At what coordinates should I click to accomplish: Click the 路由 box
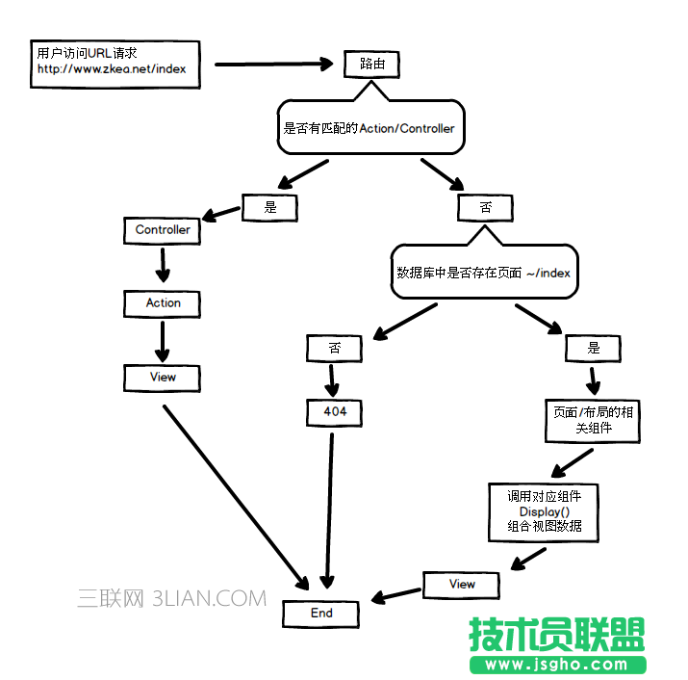pyautogui.click(x=371, y=64)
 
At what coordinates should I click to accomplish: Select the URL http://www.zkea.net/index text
pyautogui.click(x=111, y=69)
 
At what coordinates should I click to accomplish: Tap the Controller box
pyautogui.click(x=163, y=230)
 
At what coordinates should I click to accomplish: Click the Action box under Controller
pyautogui.click(x=163, y=302)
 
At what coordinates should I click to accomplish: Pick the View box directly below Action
pyautogui.click(x=163, y=378)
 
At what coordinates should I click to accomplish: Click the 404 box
pyautogui.click(x=335, y=412)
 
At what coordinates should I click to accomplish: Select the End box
pyautogui.click(x=321, y=614)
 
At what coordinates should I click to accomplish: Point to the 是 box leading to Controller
pyautogui.click(x=269, y=206)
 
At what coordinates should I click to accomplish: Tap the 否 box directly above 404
pyautogui.click(x=335, y=347)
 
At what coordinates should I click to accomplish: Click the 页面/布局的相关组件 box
pyautogui.click(x=593, y=420)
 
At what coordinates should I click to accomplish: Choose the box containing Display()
pyautogui.click(x=544, y=511)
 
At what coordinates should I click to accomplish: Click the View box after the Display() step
pyautogui.click(x=462, y=584)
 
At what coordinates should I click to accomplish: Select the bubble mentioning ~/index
pyautogui.click(x=483, y=273)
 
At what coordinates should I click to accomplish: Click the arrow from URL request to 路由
pyautogui.click(x=272, y=65)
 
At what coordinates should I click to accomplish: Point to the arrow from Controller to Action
pyautogui.click(x=163, y=266)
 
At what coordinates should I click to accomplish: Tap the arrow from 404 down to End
pyautogui.click(x=329, y=510)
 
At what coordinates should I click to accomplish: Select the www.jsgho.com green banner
pyautogui.click(x=557, y=665)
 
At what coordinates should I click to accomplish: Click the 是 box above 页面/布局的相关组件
pyautogui.click(x=593, y=348)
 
